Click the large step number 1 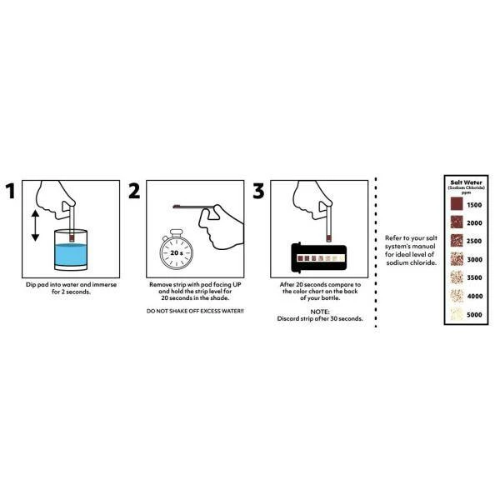[11, 191]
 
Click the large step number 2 [134, 191]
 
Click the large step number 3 [258, 191]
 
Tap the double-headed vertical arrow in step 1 [35, 225]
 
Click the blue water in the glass [71, 255]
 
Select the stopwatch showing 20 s [177, 250]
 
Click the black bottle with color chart [319, 257]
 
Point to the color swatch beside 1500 [457, 204]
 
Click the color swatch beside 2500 [457, 241]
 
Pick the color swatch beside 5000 [457, 314]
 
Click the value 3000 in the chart [474, 259]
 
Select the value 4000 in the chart [475, 296]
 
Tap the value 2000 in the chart [474, 222]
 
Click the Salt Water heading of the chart [466, 182]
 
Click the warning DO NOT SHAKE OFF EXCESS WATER [195, 311]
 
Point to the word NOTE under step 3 [320, 312]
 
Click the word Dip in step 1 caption [31, 285]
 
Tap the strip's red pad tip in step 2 [176, 207]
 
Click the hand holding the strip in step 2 [223, 228]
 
